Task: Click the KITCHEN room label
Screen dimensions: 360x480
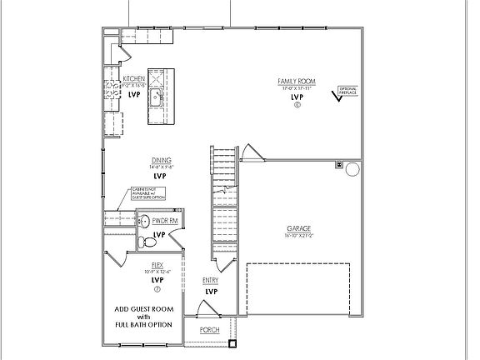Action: (x=133, y=78)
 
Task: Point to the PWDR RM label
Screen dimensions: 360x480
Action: (x=165, y=222)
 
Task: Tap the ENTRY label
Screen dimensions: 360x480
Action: (x=211, y=281)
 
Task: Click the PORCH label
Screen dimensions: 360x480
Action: (x=209, y=329)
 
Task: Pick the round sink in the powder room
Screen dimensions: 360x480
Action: (x=143, y=222)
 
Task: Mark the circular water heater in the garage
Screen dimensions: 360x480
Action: (x=352, y=170)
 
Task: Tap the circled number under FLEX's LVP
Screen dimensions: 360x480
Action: (x=157, y=289)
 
